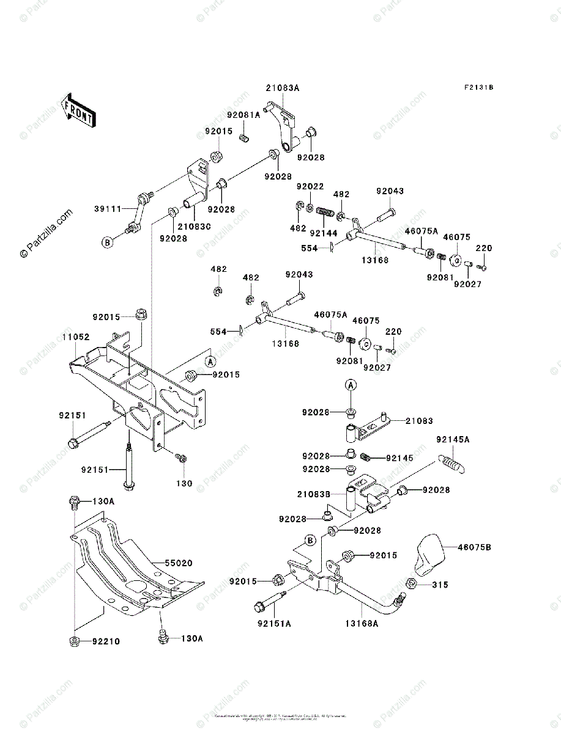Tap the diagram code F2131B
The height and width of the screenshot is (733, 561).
click(478, 88)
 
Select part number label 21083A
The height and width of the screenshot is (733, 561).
click(283, 88)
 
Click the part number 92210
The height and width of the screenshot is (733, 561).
click(105, 642)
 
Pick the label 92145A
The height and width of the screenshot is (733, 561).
click(453, 439)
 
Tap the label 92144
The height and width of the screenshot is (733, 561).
click(323, 233)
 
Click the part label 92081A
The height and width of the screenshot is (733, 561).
click(244, 114)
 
